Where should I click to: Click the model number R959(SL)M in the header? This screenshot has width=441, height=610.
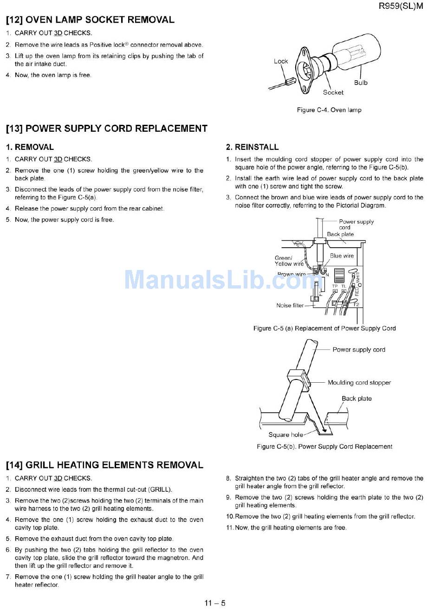pos(401,6)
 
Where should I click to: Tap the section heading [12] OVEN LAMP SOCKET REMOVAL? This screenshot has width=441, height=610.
pos(90,20)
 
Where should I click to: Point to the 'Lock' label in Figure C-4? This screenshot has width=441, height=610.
pos(281,61)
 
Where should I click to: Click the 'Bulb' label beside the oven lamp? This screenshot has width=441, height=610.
pos(361,83)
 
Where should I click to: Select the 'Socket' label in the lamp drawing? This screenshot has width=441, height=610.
pos(333,92)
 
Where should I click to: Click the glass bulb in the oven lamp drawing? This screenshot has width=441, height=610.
pos(357,53)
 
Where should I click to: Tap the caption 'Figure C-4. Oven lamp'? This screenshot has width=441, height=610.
pos(329,110)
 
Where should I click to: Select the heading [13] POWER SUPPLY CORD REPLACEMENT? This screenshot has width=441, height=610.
pos(107,128)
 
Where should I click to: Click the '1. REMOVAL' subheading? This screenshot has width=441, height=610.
pos(30,147)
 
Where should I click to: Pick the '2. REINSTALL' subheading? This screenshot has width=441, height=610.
pos(252,147)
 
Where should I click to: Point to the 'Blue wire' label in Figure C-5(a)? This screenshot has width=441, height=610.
pos(342,256)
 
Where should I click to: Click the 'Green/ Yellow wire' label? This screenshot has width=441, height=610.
pos(289,261)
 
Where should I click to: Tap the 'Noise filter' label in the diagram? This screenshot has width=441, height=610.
pos(290,306)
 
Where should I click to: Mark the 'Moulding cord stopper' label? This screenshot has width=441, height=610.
pos(359,383)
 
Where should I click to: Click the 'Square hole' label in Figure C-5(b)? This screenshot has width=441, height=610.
pos(285,435)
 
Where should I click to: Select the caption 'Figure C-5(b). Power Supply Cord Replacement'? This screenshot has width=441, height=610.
pos(324,447)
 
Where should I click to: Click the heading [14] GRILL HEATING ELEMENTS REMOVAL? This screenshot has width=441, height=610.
pos(104,465)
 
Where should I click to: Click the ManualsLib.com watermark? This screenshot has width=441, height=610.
pos(220,279)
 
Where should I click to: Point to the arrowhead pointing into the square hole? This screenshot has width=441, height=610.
pos(324,429)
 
